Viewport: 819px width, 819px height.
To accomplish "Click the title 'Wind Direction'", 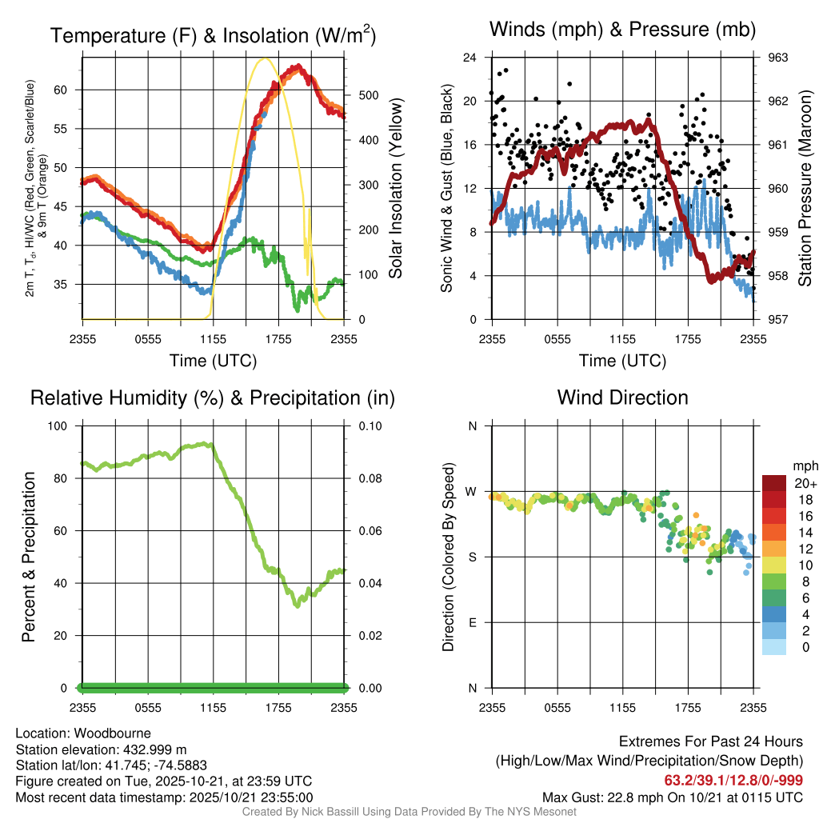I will coord(622,398).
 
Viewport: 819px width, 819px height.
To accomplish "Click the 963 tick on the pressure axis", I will coord(778,58).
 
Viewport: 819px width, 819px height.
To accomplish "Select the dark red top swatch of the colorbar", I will coord(774,483).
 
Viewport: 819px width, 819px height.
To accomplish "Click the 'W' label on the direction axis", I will coord(473,491).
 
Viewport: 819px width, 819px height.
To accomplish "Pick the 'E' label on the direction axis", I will coord(473,622).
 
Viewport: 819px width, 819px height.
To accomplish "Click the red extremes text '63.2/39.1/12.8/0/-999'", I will coord(733,781).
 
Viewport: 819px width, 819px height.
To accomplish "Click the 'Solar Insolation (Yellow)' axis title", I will coord(395,189).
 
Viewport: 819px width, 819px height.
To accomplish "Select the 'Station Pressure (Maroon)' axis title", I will coord(805,189).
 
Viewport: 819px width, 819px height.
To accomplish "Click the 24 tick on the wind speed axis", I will coord(470,58).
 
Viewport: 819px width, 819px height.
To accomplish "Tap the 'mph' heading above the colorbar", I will coord(803,465).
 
